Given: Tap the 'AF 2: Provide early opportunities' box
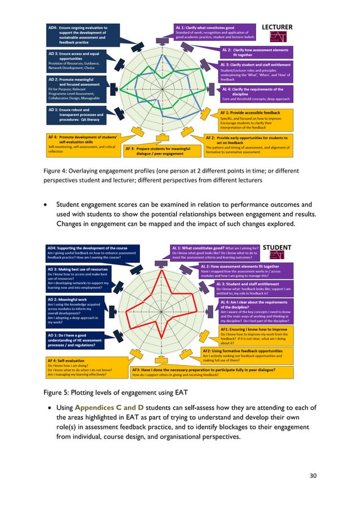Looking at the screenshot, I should tap(249, 143).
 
